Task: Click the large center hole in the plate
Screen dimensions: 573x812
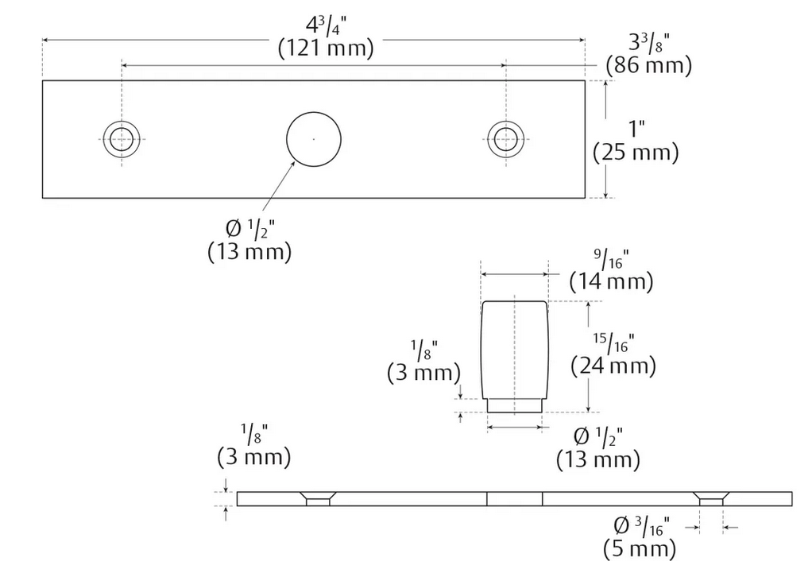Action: [314, 139]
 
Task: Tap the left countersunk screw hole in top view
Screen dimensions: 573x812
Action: [122, 139]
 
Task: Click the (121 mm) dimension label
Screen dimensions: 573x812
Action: [326, 48]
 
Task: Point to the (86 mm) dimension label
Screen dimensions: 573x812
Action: [648, 65]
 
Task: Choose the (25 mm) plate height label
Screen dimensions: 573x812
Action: [636, 153]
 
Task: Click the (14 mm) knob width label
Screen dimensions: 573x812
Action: [612, 281]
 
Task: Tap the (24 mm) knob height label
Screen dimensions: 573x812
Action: [613, 366]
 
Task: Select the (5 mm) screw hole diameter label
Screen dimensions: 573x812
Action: [640, 548]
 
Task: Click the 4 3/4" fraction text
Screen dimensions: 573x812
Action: [326, 24]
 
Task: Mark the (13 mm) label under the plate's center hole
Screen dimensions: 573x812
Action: [249, 252]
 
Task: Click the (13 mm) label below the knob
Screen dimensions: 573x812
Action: [597, 459]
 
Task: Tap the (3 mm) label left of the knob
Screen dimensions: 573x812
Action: [424, 372]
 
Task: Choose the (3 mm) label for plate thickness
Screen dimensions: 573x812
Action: [253, 457]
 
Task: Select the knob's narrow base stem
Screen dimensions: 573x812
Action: [514, 405]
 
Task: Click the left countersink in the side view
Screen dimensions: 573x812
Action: [317, 498]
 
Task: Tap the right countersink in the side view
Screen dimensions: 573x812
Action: [711, 498]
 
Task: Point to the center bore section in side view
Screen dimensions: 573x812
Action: [514, 498]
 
